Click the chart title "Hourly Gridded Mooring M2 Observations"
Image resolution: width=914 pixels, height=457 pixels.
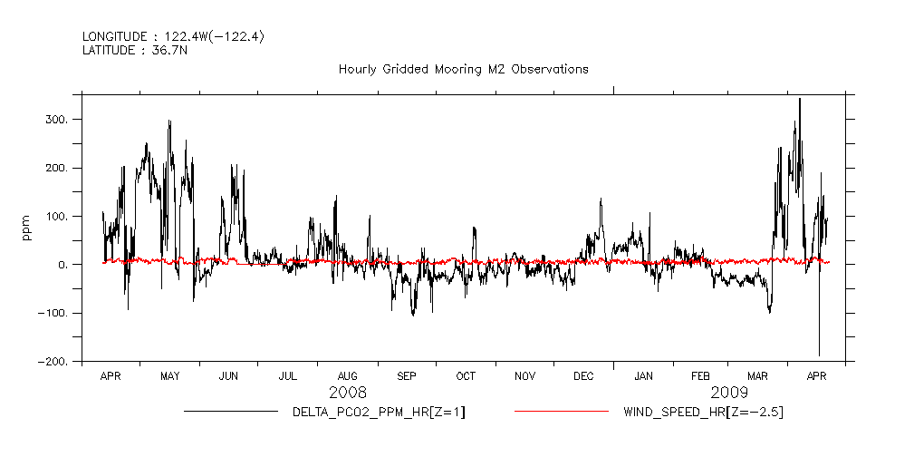463,69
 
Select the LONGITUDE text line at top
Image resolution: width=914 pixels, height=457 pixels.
173,36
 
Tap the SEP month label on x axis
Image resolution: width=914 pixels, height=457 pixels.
407,376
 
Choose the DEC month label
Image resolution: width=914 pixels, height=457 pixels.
584,376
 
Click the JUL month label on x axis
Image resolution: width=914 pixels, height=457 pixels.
288,376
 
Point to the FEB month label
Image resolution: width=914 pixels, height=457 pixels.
701,376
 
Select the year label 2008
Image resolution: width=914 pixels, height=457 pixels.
348,393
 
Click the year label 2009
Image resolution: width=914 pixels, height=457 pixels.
730,393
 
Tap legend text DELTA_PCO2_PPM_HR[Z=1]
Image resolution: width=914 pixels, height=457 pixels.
379,413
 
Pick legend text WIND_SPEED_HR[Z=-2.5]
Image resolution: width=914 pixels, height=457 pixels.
703,413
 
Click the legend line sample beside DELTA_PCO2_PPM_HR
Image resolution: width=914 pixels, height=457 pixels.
230,412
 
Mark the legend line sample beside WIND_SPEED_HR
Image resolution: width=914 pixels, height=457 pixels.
561,412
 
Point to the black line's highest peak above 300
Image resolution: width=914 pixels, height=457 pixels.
799,99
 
